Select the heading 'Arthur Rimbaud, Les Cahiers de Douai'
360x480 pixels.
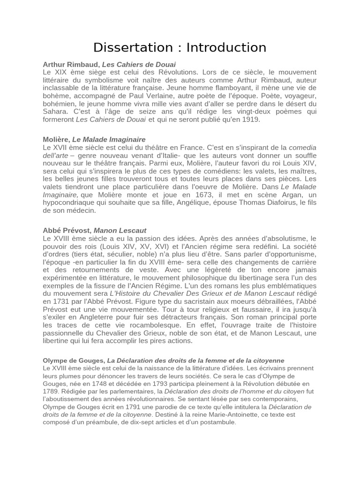[x=109, y=64]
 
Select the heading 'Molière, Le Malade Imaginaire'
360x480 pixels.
[x=94, y=140]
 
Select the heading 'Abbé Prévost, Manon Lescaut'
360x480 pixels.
[x=94, y=231]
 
